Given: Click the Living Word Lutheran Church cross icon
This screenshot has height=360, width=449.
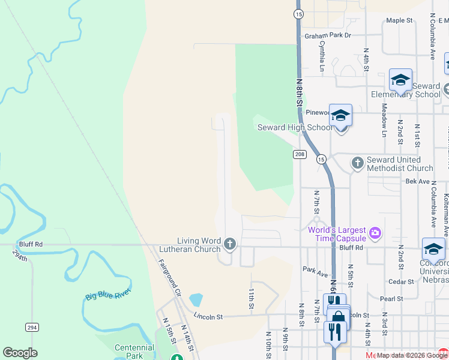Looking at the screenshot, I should [x=230, y=244].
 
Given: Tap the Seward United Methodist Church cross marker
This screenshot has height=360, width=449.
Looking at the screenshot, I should [x=357, y=163].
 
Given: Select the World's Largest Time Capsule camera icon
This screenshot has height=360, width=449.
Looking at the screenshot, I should [x=376, y=232].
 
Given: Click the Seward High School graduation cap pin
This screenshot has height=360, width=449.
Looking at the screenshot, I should [x=340, y=115].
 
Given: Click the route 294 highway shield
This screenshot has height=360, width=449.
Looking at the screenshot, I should [x=32, y=327].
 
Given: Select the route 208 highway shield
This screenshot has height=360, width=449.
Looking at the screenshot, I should [x=300, y=155].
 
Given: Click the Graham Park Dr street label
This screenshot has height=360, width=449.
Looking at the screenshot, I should [x=327, y=35].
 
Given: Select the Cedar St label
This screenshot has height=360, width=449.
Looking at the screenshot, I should [x=402, y=281].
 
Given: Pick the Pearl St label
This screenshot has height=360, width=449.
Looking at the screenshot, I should [x=391, y=298].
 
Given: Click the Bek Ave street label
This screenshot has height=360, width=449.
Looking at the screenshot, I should [x=418, y=181].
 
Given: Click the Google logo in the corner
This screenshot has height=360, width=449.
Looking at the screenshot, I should [x=20, y=353].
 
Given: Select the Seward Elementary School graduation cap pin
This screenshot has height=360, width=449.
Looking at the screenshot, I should [x=400, y=80].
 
